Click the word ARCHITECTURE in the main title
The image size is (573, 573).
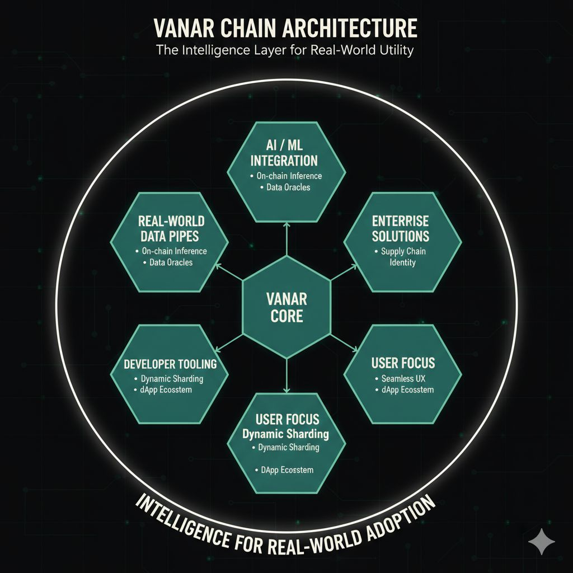345,29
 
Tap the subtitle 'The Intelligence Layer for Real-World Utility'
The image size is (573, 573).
286,50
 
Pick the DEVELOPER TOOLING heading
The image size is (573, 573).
170,364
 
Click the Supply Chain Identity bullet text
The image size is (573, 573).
402,257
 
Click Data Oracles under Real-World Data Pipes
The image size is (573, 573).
171,262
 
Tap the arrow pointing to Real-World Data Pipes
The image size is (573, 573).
229,272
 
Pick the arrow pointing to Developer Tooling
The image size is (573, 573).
229,342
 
